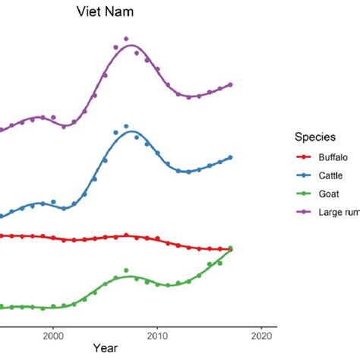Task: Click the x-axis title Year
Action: [x=106, y=348]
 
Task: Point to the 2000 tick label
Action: [x=53, y=333]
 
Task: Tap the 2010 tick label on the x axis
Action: [x=157, y=333]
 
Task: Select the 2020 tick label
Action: [x=261, y=333]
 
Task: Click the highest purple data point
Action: [x=126, y=38]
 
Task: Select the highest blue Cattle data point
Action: [x=126, y=126]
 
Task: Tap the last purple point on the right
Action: [x=230, y=84]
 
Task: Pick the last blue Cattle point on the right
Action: [x=230, y=157]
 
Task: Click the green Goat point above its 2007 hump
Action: [x=126, y=270]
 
